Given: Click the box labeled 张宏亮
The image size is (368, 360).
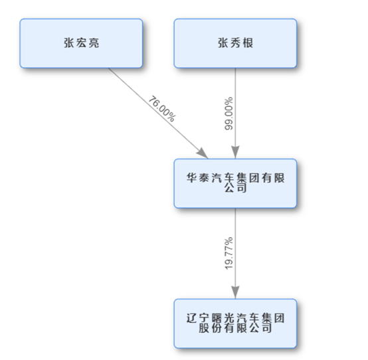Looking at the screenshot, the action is (81, 43).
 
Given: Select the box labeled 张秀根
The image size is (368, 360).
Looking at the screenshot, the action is (235, 43).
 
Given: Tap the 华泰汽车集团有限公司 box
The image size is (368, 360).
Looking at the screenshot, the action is (235, 183).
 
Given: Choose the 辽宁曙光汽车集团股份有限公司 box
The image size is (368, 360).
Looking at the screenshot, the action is (235, 323).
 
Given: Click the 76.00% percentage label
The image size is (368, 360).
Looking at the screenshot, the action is (162, 109).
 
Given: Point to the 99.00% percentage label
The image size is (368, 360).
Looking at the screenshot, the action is (229, 114).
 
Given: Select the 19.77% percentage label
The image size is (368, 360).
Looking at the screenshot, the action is (229, 253).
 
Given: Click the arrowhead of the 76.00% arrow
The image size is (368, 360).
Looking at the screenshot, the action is (203, 153).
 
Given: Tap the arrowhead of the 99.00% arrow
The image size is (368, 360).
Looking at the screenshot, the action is (235, 152).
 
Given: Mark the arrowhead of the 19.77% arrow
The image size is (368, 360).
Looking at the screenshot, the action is (235, 292).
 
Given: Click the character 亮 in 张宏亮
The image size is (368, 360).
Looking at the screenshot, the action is (94, 43).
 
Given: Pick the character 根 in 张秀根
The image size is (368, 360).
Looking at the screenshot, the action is (248, 43).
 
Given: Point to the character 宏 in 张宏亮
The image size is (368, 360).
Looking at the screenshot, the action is (81, 43).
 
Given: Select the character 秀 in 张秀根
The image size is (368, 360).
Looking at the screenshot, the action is (235, 43).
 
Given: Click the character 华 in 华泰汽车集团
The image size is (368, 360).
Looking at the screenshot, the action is (191, 178).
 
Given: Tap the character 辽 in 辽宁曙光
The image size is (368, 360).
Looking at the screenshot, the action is (191, 318).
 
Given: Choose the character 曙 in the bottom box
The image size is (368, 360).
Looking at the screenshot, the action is (217, 318).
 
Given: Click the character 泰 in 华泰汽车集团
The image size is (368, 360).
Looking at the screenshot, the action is (204, 178).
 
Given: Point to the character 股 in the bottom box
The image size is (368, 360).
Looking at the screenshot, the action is (204, 328).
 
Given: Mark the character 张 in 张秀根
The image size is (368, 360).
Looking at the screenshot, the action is (223, 43).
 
